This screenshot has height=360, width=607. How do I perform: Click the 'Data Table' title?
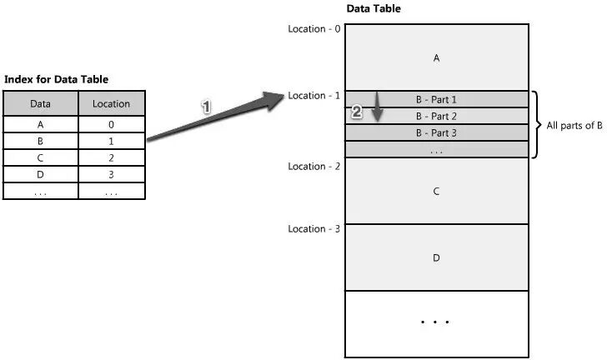[373, 9]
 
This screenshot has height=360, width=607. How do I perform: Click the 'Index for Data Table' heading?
[57, 79]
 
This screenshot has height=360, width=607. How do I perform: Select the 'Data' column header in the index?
[40, 104]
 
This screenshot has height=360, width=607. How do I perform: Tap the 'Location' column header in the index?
[111, 104]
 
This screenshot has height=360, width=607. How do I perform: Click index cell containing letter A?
[40, 124]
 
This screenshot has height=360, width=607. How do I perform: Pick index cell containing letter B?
[40, 141]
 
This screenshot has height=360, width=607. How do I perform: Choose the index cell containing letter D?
[40, 174]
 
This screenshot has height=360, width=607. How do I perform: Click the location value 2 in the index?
[111, 157]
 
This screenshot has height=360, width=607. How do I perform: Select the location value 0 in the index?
[111, 124]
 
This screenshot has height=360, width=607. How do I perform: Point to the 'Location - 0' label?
[314, 28]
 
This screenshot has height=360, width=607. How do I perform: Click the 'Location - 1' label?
[314, 96]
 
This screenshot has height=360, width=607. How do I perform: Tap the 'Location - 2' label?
[314, 167]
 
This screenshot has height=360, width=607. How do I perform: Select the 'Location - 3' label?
[314, 229]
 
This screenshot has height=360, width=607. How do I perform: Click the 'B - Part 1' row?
[436, 99]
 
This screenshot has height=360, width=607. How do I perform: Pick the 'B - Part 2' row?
[436, 116]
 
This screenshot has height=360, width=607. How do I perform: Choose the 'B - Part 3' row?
[436, 132]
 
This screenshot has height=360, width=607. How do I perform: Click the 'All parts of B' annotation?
[574, 125]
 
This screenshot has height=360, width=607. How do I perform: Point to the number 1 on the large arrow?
[206, 107]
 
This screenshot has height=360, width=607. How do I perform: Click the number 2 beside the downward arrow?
[357, 112]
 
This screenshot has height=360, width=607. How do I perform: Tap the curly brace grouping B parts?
[538, 124]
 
